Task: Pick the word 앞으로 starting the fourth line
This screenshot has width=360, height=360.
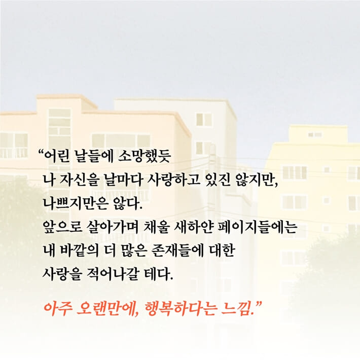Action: click(60, 226)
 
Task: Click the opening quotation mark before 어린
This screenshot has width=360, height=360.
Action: click(41, 150)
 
